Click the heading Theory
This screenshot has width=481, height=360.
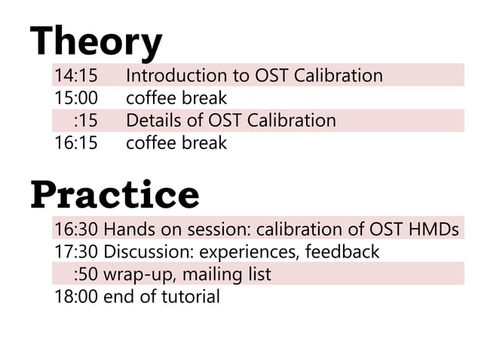click(96, 41)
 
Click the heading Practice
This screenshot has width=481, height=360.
click(115, 194)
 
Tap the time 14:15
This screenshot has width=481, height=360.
click(76, 76)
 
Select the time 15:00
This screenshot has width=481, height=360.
click(76, 98)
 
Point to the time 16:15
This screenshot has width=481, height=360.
click(76, 142)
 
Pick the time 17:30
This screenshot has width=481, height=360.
click(76, 252)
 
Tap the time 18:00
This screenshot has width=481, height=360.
click(76, 296)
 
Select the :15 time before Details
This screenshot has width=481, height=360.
click(86, 121)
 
